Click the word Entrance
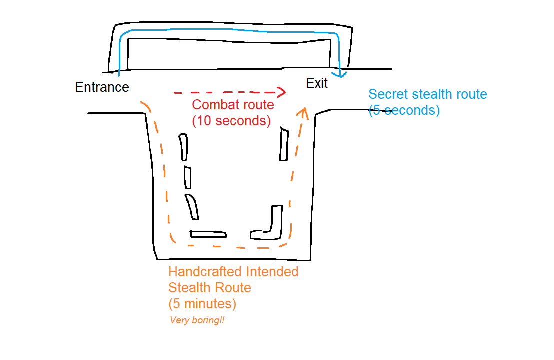[102, 87]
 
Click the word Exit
[317, 83]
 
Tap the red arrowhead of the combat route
[281, 92]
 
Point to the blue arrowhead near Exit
[342, 75]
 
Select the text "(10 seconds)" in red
[231, 121]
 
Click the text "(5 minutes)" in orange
[202, 303]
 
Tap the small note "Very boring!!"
[197, 320]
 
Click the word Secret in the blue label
[386, 94]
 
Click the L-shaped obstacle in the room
[270, 225]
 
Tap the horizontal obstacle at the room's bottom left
[208, 234]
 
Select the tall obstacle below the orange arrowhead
[284, 144]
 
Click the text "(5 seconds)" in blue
[404, 110]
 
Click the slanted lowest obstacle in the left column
[192, 207]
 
